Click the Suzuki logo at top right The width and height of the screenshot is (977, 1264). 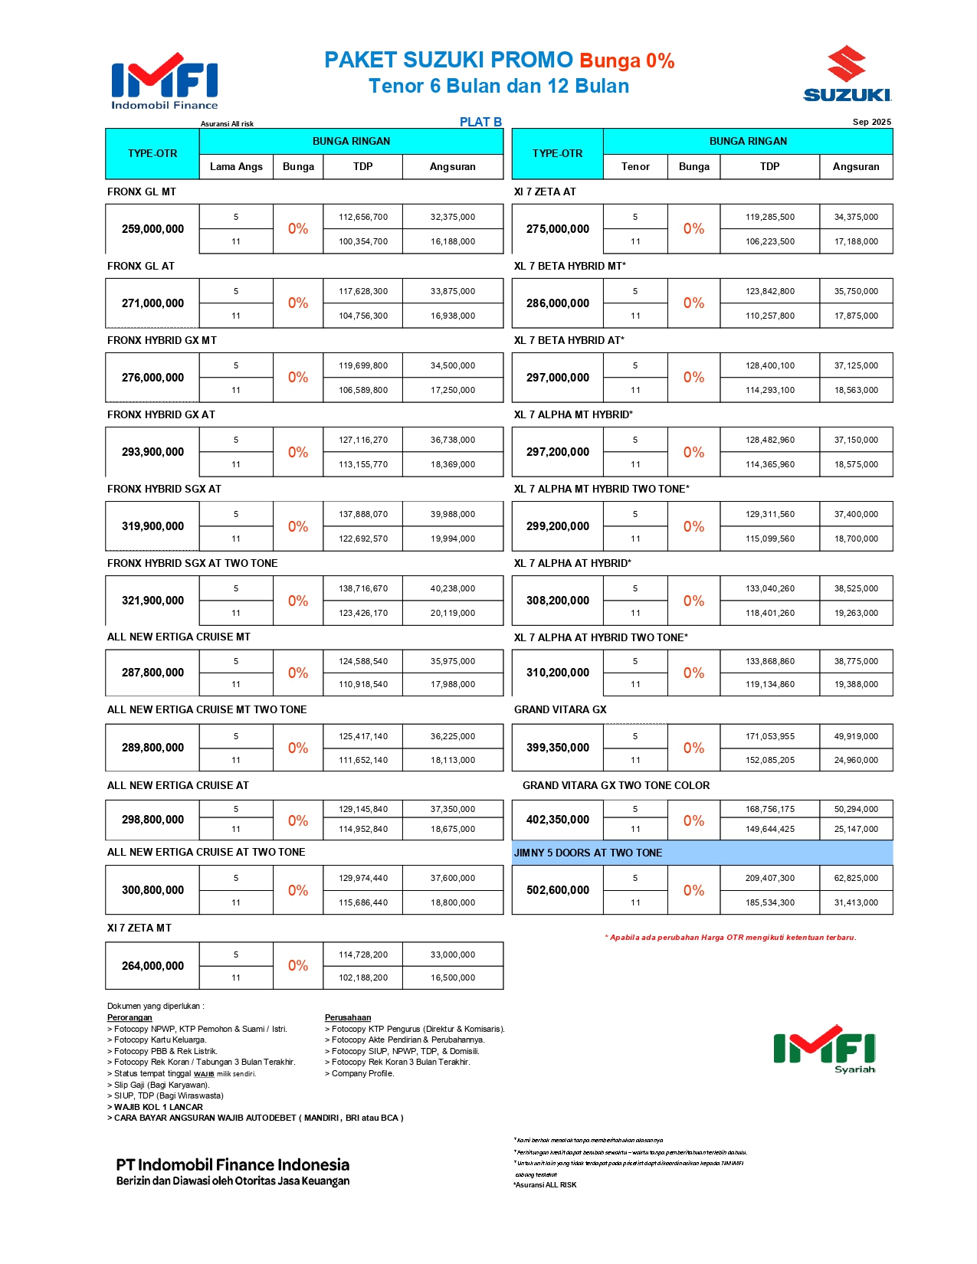tap(847, 74)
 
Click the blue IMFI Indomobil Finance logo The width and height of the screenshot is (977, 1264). tap(165, 81)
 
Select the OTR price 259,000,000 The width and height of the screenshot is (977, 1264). tap(152, 229)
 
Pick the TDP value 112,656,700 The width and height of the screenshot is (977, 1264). tap(363, 217)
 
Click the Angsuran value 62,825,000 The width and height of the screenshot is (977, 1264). tap(856, 878)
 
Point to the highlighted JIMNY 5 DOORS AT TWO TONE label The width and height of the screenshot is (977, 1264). tap(588, 853)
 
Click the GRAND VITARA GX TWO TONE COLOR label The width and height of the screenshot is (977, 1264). tap(616, 785)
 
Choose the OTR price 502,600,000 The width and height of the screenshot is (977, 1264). tap(558, 890)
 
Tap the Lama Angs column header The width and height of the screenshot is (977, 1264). tap(236, 166)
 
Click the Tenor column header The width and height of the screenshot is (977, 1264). tap(635, 166)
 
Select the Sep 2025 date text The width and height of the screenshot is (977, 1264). tap(871, 122)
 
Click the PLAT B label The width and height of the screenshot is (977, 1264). tap(480, 122)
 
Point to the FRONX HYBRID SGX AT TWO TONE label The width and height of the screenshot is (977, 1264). tap(192, 563)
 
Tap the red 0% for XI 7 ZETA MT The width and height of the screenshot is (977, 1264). tap(298, 965)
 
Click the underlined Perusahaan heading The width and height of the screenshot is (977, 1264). tap(348, 1017)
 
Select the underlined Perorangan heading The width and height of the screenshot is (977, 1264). tap(130, 1017)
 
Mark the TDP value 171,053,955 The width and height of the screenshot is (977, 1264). tap(770, 736)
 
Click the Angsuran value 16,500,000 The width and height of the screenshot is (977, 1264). tap(453, 977)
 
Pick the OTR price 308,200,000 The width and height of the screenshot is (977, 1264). tap(558, 601)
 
